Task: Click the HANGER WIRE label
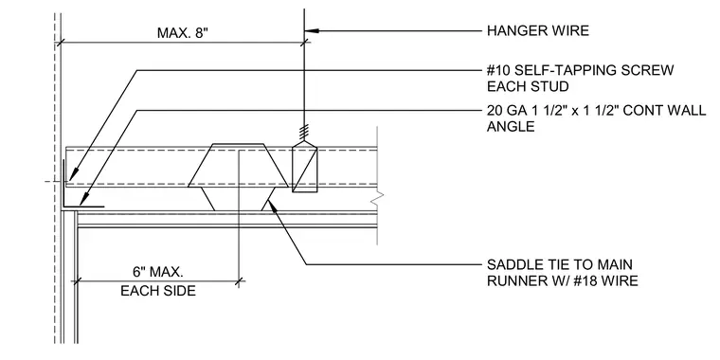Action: (538, 30)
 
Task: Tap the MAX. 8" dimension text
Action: (182, 33)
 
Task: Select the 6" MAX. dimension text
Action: (158, 272)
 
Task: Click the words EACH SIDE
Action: (158, 291)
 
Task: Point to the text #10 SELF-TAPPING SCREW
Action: (581, 70)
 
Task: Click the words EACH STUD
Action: (528, 86)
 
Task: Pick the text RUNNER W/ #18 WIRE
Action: (563, 280)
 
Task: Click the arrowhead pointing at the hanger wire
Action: (312, 30)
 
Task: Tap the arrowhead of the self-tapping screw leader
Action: (72, 175)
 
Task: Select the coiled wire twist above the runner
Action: (304, 134)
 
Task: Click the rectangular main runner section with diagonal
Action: (305, 167)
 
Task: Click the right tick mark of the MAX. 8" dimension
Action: (304, 43)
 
